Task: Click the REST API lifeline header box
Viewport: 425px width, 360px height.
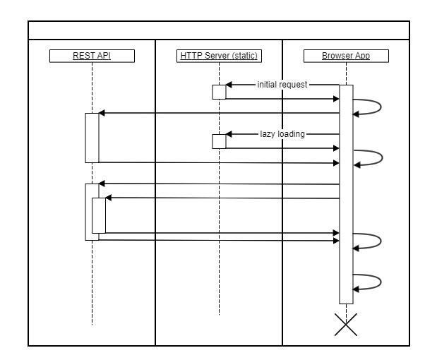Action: [92, 56]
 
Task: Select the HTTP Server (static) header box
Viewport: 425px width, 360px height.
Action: [219, 56]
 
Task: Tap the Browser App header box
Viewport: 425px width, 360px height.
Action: [346, 56]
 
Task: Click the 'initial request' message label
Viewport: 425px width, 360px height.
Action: [283, 85]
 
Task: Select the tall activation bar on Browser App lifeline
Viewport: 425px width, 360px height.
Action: [346, 194]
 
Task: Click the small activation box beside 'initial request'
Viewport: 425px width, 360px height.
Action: [219, 92]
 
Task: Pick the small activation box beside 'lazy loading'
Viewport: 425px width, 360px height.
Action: [219, 141]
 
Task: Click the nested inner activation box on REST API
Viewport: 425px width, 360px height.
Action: [98, 215]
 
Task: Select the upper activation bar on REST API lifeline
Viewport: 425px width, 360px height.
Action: [92, 138]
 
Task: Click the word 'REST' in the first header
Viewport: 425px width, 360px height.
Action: [82, 56]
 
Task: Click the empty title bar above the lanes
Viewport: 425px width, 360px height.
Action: [219, 31]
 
